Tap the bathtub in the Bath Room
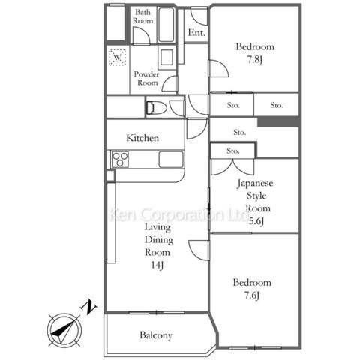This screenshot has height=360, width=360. [166, 25]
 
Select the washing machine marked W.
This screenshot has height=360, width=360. [117, 57]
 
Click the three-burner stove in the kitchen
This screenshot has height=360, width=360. [120, 160]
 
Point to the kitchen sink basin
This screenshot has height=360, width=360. [171, 160]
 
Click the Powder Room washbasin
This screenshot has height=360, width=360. [166, 58]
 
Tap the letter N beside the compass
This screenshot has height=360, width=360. [88, 307]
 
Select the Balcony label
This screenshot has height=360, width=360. [156, 335]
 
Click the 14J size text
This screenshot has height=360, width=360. [157, 265]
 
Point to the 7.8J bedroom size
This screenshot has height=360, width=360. [255, 60]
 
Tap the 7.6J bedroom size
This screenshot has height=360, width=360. [252, 295]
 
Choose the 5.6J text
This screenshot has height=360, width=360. [256, 221]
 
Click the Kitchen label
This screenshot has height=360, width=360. [142, 138]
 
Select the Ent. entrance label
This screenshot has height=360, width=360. [196, 32]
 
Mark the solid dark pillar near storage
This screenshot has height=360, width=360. [278, 121]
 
